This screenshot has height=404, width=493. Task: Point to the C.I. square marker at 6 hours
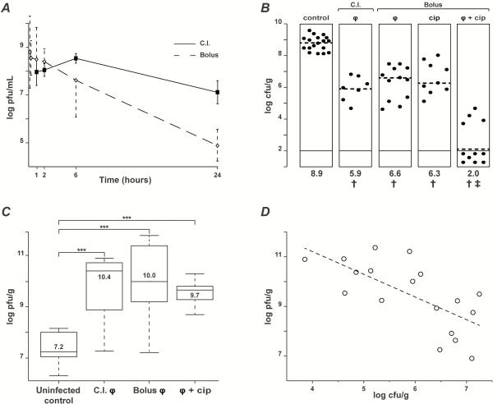click(x=76, y=58)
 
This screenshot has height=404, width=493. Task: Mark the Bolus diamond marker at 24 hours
click(x=217, y=145)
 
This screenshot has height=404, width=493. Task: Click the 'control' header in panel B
click(x=316, y=17)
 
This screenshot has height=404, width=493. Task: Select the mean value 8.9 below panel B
click(x=316, y=174)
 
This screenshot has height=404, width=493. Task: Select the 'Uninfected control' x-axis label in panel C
click(x=59, y=388)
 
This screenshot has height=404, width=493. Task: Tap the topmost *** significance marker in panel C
click(x=127, y=218)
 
